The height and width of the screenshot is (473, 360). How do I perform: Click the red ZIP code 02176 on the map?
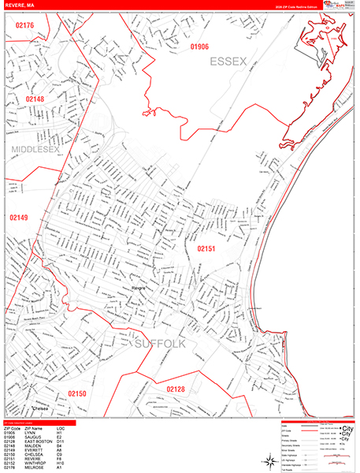[x=24, y=26]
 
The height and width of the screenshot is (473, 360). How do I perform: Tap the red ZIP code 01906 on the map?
[x=199, y=47]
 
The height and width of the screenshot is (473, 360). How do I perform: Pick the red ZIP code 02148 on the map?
[x=35, y=99]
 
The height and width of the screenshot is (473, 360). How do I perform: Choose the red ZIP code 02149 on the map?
[x=19, y=217]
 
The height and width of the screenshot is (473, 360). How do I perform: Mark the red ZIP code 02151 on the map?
[x=206, y=248]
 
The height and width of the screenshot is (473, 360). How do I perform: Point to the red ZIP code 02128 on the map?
[x=175, y=389]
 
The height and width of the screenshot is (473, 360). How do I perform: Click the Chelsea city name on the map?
[x=41, y=408]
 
